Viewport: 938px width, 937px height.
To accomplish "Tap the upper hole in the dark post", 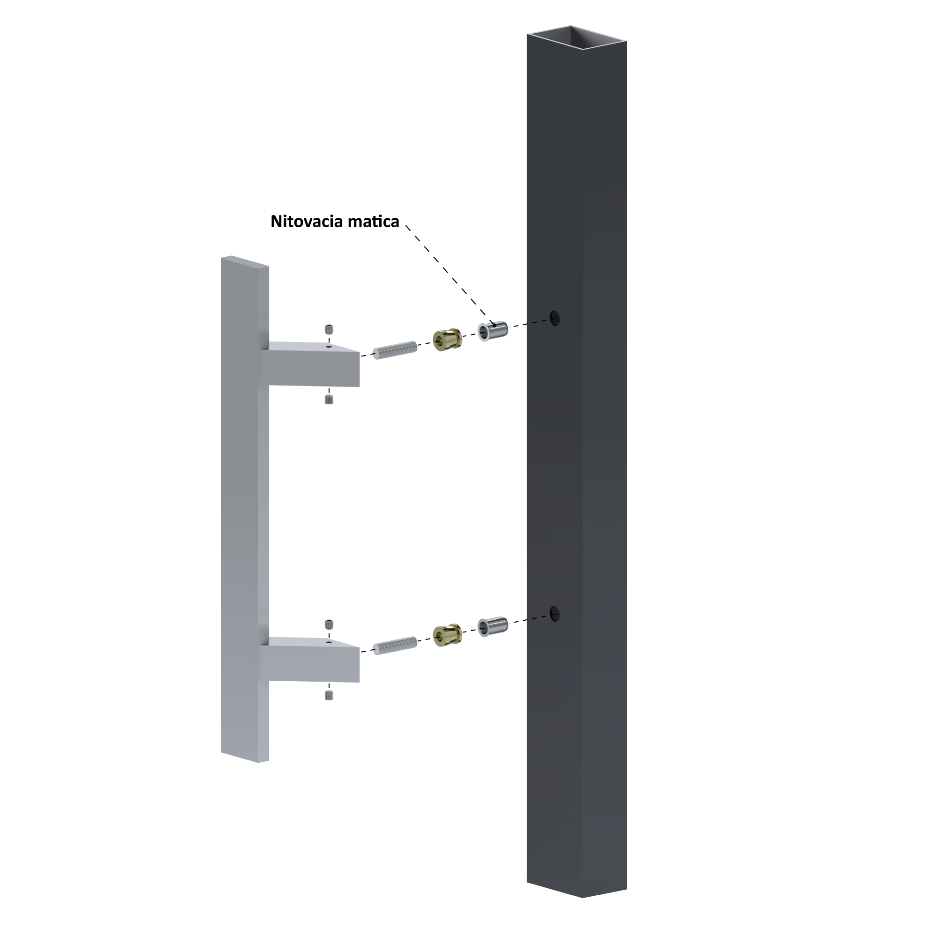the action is tap(555, 318).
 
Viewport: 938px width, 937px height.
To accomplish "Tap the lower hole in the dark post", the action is tap(555, 614).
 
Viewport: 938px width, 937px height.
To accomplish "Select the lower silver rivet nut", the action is tap(493, 627).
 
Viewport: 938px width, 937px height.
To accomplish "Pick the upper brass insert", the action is tap(447, 340).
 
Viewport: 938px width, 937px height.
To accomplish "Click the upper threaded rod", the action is tap(395, 350).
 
